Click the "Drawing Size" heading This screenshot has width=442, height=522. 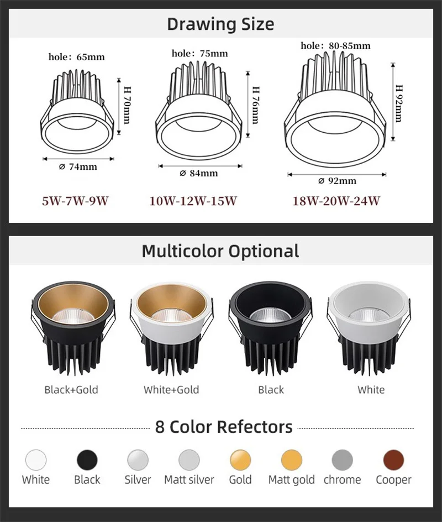(220, 24)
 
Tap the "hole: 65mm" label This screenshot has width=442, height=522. (76, 57)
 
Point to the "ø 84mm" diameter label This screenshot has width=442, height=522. (199, 173)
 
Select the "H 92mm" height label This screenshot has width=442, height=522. (398, 103)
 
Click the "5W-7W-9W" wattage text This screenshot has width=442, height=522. (75, 201)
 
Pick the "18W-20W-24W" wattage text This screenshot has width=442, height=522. (336, 201)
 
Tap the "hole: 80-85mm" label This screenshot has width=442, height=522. (335, 45)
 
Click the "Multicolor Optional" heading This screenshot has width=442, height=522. (220, 251)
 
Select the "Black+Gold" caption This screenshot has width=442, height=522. (71, 389)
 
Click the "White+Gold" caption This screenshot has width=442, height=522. (171, 389)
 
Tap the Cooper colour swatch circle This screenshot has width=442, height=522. (393, 460)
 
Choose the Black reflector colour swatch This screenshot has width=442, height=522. (87, 460)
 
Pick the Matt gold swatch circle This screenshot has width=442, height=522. (291, 460)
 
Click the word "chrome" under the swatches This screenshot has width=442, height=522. (342, 480)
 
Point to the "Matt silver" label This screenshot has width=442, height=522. (189, 480)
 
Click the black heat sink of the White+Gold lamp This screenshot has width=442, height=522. (171, 354)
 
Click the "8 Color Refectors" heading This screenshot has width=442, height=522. (224, 427)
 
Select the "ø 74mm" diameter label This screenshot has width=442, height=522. (78, 166)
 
